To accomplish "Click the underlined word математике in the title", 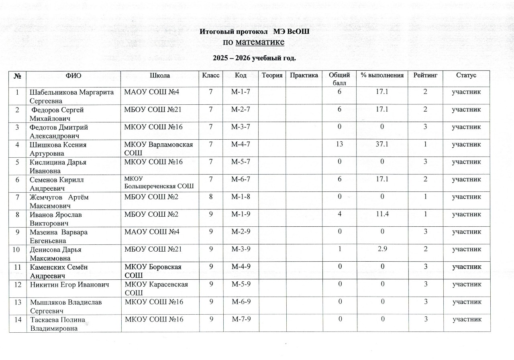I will pyautogui.click(x=260, y=43).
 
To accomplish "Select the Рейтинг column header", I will pyautogui.click(x=425, y=75).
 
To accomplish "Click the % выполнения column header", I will pyautogui.click(x=382, y=75).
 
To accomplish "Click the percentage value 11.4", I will pyautogui.click(x=381, y=214).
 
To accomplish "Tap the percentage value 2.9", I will pyautogui.click(x=381, y=249).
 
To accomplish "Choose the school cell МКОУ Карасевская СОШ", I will pyautogui.click(x=157, y=288).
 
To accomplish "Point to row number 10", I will pyautogui.click(x=16, y=249).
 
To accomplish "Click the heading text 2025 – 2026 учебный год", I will pyautogui.click(x=254, y=58).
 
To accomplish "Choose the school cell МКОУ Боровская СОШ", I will pyautogui.click(x=153, y=271).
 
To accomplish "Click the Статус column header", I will pyautogui.click(x=466, y=75).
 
